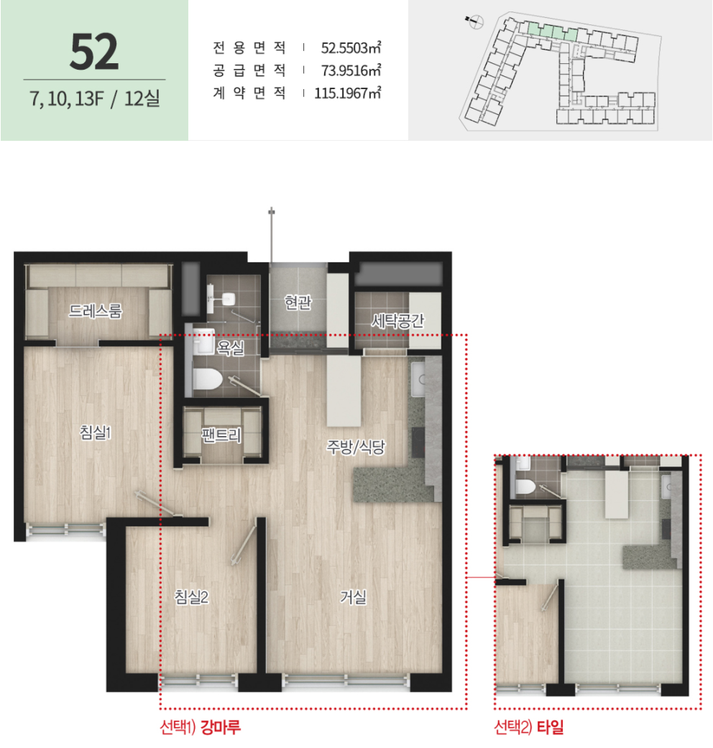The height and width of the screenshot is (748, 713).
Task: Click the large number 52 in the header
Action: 94,52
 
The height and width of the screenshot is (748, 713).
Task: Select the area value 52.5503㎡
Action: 351,47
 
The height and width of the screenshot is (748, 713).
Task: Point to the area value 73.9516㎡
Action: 351,70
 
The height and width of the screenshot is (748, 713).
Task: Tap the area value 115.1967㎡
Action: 347,93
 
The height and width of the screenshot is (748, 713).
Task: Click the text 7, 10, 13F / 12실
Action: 94,98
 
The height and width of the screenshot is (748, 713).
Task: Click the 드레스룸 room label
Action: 96,311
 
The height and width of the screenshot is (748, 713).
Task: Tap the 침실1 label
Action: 96,432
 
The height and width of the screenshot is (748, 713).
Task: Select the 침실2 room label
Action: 191,597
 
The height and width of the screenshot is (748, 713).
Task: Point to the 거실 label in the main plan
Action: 353,597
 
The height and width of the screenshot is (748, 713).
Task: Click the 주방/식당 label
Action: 356,446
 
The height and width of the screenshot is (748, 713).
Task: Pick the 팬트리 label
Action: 221,435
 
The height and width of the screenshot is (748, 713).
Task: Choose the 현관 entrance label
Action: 298,302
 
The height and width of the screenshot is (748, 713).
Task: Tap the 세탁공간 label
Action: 397,320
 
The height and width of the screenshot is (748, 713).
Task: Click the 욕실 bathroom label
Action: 231,348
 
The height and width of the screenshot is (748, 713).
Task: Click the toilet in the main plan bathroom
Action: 208,380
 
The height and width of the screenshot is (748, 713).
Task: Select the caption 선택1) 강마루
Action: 201,727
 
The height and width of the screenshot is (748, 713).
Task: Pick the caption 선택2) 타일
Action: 529,727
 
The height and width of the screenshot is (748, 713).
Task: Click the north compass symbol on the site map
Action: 475,22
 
